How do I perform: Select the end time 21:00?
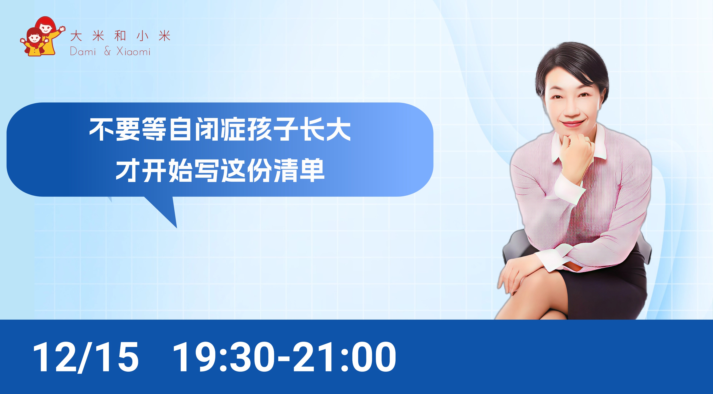[345, 357]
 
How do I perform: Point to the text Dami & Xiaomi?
[110, 52]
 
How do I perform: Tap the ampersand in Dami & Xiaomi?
[107, 52]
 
